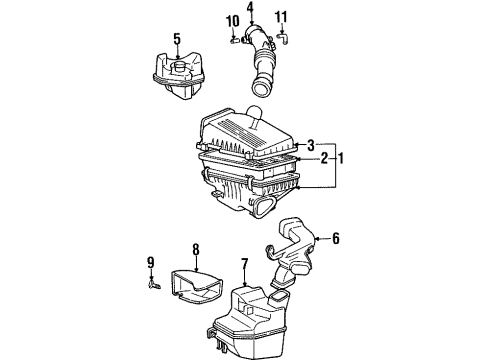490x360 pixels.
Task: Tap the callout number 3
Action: (x=312, y=145)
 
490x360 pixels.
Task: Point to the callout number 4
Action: (x=251, y=11)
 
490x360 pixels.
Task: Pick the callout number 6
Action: (x=336, y=238)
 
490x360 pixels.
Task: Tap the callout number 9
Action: (x=151, y=264)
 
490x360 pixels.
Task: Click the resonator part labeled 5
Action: (x=178, y=77)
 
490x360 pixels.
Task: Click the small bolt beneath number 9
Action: (x=153, y=283)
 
